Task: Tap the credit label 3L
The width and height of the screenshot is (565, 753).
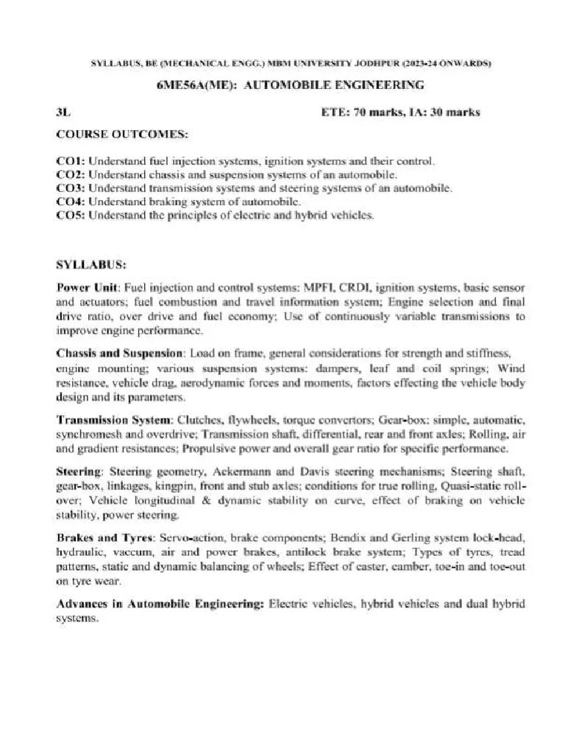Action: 64,113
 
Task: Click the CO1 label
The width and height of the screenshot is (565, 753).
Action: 71,160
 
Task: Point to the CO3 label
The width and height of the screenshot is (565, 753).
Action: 71,188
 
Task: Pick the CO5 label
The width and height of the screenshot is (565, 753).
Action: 71,215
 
